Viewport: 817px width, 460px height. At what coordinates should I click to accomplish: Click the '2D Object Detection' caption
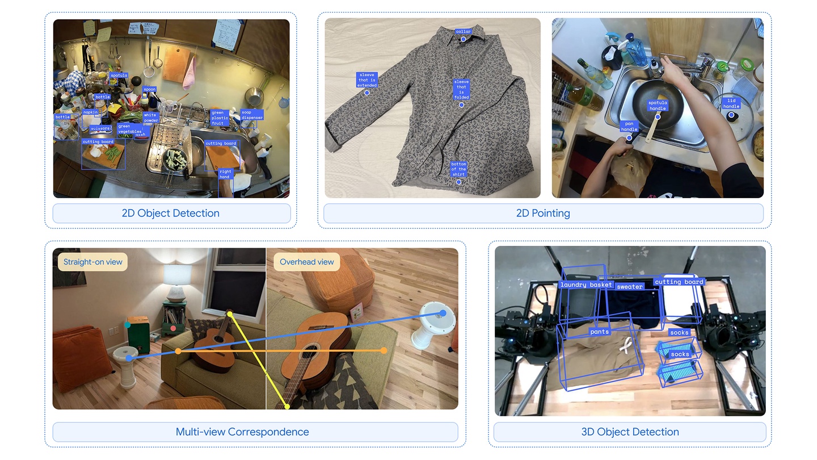point(171,214)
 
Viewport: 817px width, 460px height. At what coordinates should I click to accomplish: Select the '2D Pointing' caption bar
point(543,214)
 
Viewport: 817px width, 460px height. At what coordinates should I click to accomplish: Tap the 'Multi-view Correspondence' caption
point(242,432)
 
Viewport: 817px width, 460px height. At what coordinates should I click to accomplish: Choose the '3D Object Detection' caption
point(630,432)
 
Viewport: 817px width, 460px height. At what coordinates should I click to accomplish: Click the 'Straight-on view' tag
point(92,262)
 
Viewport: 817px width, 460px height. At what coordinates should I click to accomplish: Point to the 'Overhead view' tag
point(307,262)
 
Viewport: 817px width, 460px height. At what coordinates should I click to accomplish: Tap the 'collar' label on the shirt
point(463,32)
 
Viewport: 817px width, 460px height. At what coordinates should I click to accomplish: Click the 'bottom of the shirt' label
point(458,169)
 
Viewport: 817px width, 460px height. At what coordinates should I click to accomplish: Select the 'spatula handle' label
point(658,106)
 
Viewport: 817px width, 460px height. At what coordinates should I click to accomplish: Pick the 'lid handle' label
point(731,103)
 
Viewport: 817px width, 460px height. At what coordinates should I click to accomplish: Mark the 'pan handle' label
point(629,126)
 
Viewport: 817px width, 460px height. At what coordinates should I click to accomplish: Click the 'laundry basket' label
point(586,285)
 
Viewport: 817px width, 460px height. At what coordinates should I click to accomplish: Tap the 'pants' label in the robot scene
point(599,332)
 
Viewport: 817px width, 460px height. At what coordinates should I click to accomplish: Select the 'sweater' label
point(630,287)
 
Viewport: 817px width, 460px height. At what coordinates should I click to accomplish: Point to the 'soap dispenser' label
point(252,115)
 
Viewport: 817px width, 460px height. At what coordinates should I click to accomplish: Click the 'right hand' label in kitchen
point(225,174)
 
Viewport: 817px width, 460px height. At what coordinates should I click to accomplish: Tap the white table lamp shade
point(178,275)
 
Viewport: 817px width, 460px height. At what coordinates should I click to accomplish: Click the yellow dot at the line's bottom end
point(288,407)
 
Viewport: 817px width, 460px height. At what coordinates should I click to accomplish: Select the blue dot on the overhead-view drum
point(443,313)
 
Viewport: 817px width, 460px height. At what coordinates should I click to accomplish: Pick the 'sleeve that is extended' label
point(367,80)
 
